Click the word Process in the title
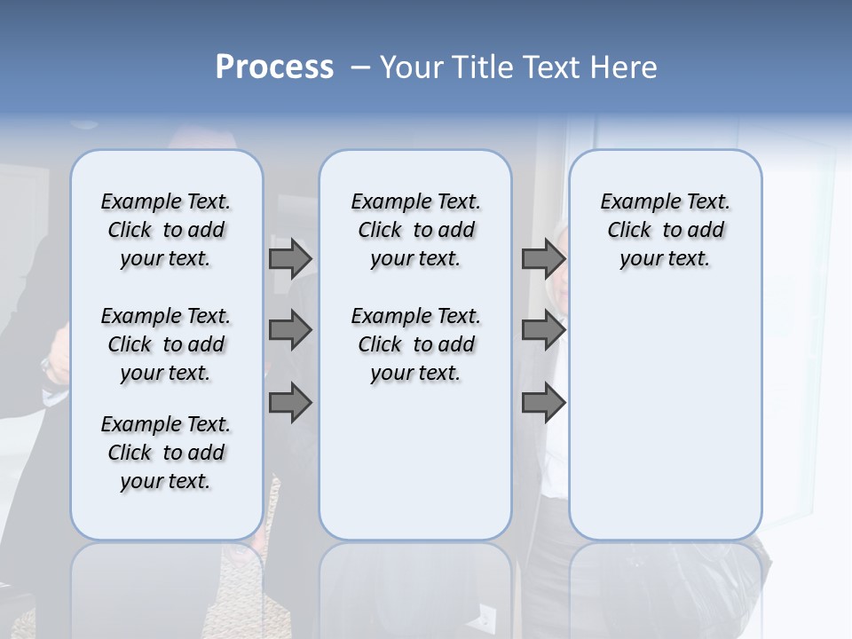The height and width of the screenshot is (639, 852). pos(274,67)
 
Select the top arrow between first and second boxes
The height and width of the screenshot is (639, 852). pos(290,259)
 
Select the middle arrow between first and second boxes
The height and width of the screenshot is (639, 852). pos(290,331)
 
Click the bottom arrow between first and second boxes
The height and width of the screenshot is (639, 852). pos(290,404)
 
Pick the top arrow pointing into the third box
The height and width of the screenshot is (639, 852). pos(543,259)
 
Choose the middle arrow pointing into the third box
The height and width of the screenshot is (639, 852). pos(543,331)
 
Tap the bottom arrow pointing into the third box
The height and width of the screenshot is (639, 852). pos(543,404)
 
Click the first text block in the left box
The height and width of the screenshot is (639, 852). pos(166,230)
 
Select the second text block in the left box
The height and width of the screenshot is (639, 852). pos(166,344)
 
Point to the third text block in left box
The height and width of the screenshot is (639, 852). pos(166,453)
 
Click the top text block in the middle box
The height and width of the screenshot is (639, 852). pos(415,230)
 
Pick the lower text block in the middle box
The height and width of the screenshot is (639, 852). pos(415,344)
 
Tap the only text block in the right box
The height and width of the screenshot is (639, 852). pos(665,230)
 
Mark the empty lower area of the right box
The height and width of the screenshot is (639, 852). pos(665,408)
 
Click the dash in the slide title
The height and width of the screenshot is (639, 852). pos(360,67)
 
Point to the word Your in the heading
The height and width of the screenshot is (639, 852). pos(411,67)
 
